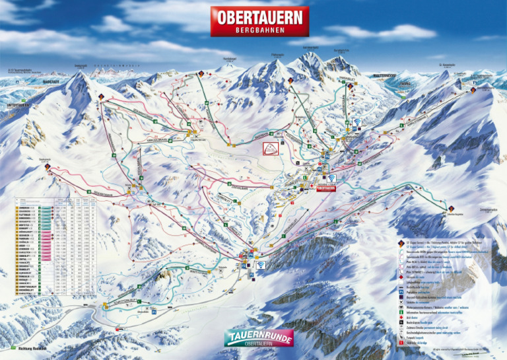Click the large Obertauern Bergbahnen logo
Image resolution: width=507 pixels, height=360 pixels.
click(x=259, y=21)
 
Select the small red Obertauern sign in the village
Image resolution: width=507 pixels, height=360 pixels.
click(x=326, y=188)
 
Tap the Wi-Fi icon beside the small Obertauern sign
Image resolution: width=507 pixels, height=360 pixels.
click(x=331, y=178)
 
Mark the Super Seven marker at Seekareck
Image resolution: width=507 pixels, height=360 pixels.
click(x=48, y=167)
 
